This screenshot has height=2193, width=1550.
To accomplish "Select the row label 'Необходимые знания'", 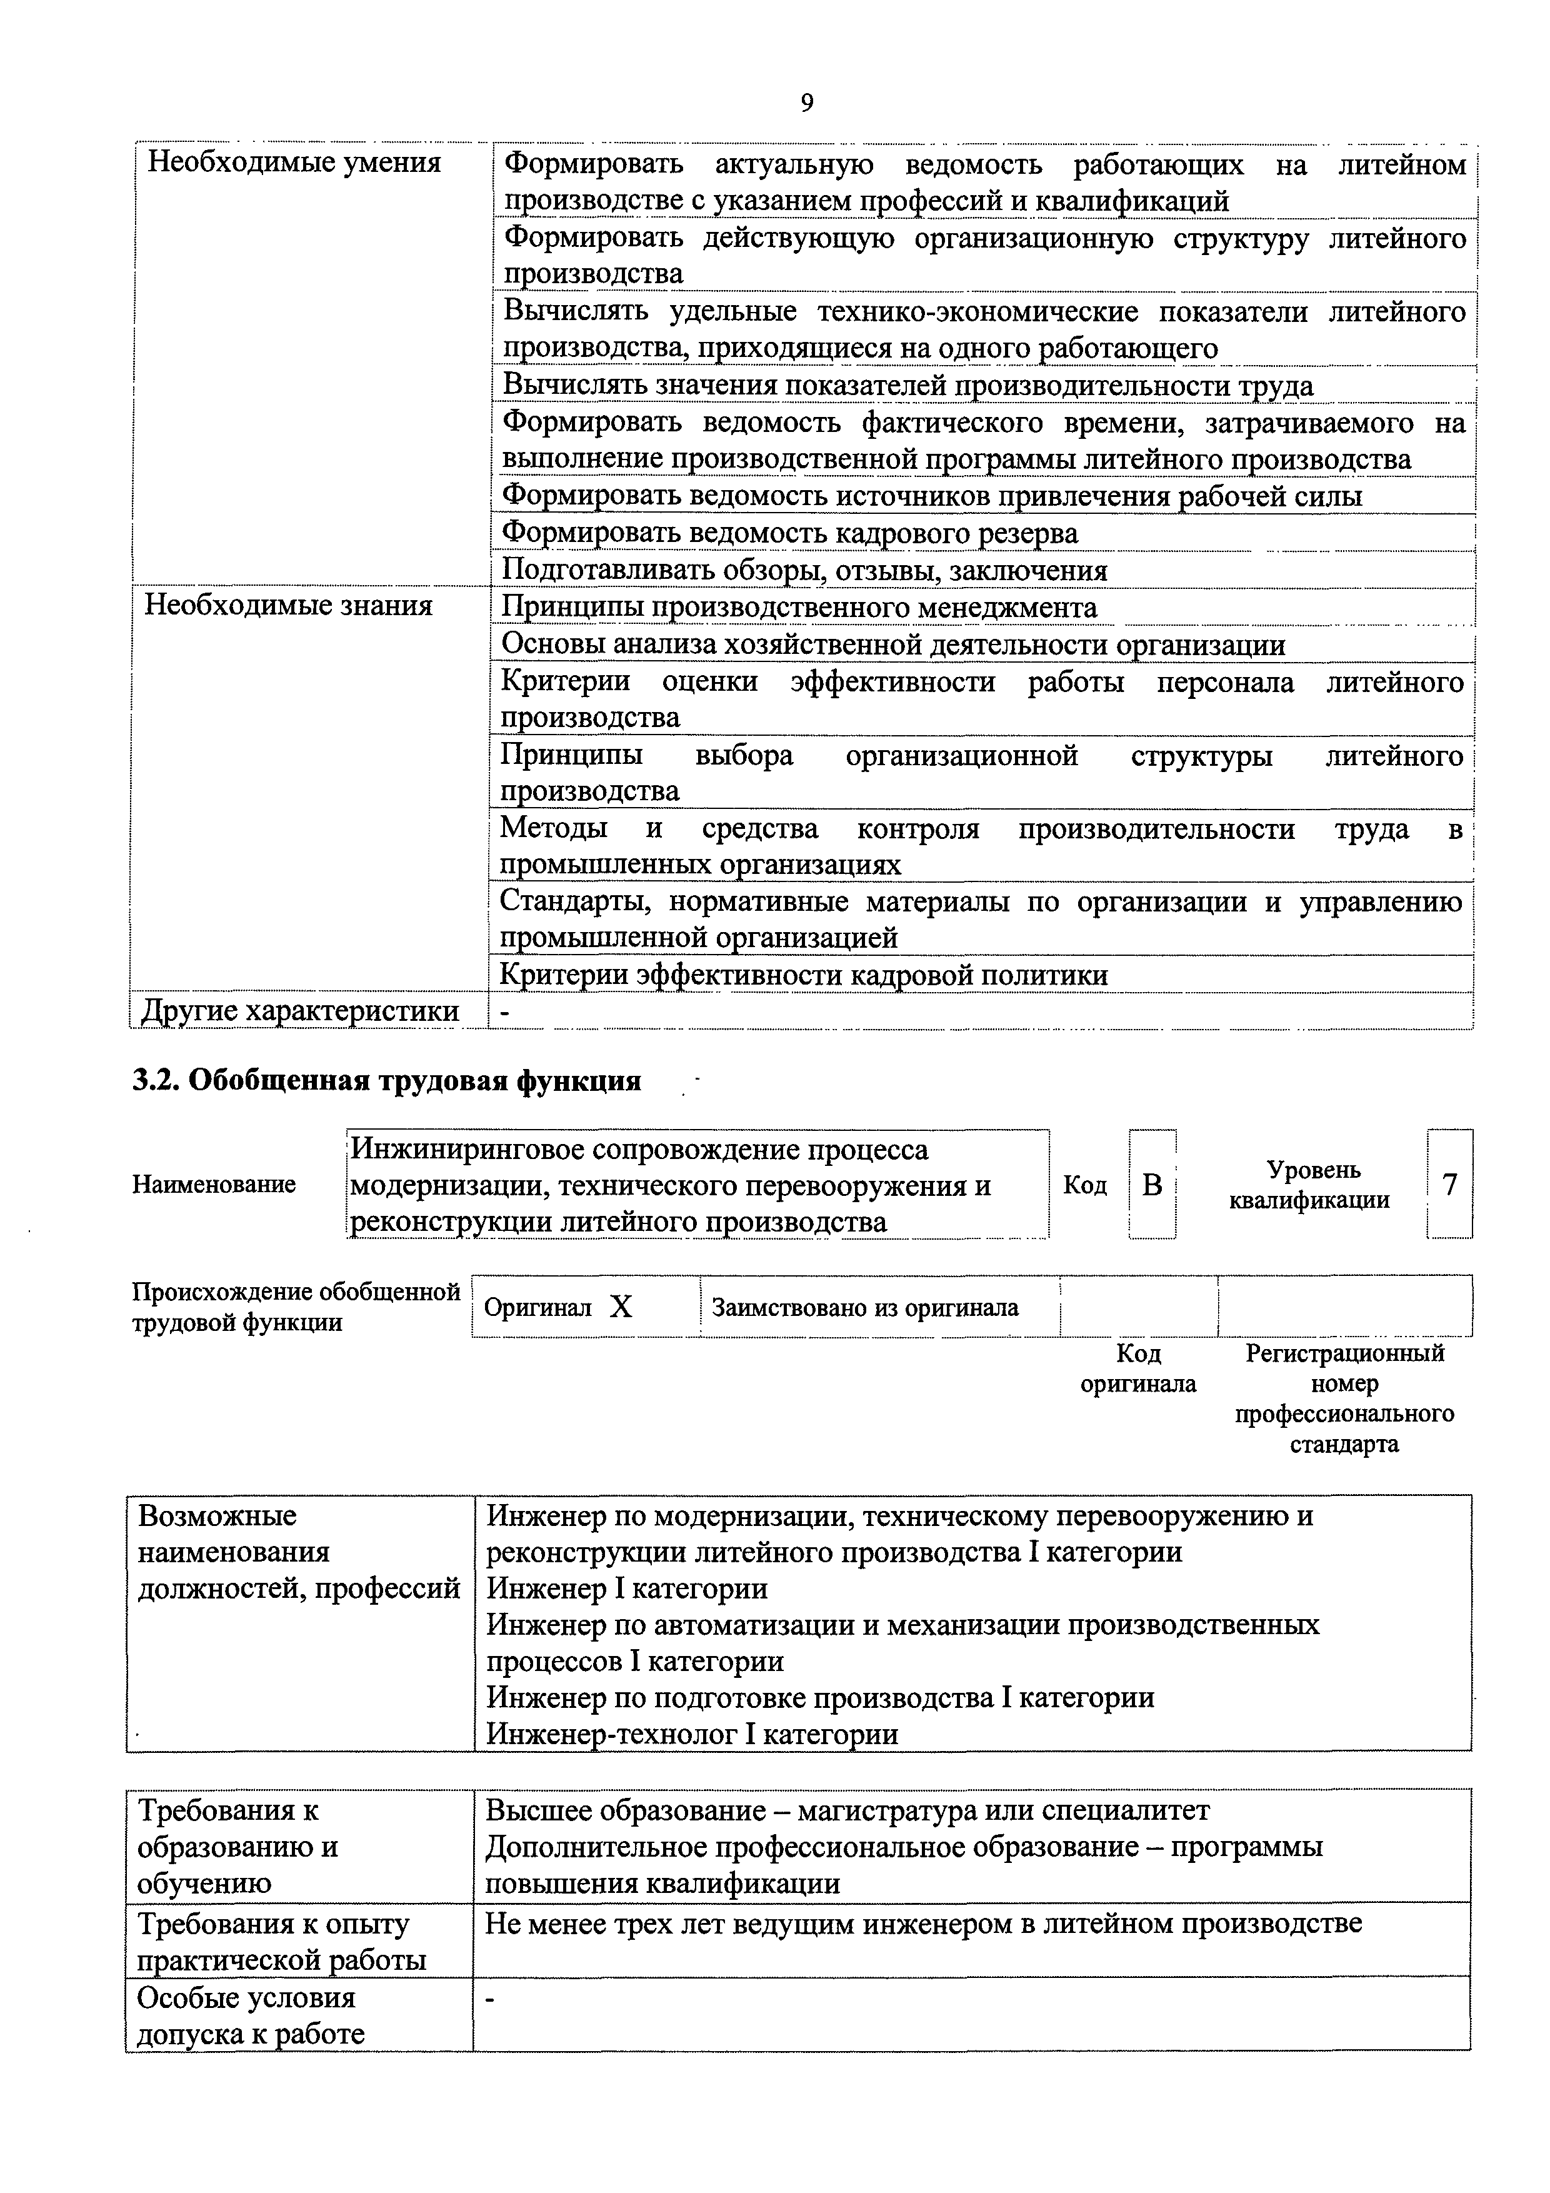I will tap(287, 606).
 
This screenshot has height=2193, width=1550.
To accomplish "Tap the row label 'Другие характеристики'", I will tap(300, 1010).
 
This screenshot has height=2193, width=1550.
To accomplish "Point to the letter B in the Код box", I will tap(1152, 1185).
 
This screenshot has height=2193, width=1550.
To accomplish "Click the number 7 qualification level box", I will tap(1450, 1185).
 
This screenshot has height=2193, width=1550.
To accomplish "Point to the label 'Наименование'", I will tap(214, 1185).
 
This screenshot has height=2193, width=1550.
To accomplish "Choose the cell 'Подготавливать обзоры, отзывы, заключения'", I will tap(804, 570).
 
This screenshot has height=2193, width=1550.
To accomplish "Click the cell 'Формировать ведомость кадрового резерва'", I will tap(790, 533).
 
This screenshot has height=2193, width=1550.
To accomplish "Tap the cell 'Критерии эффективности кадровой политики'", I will tap(804, 975).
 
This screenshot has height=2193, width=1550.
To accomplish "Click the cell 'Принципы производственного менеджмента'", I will tap(799, 608).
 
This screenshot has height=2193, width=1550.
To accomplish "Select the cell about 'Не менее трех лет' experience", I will tap(922, 1924).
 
